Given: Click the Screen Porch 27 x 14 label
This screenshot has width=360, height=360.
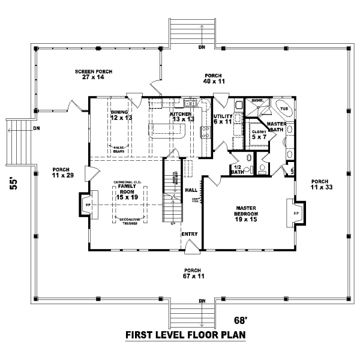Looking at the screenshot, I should tap(94, 74).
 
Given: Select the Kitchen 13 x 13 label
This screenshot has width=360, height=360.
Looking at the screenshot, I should tap(181, 116).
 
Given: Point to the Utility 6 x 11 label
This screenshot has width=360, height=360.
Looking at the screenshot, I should tap(223, 119).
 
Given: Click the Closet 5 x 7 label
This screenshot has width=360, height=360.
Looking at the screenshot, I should tap(259, 134).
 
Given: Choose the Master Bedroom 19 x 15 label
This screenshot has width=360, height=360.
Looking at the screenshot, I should tap(246, 214).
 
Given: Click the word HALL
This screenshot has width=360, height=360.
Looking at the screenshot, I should tap(192, 190).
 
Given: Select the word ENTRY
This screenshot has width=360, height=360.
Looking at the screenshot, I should tap(190, 234).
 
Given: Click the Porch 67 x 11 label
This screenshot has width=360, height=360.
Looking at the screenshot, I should tap(193, 274).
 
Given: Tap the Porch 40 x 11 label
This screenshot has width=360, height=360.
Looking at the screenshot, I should tap(214, 78).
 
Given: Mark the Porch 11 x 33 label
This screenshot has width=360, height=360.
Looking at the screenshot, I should tap(319, 185).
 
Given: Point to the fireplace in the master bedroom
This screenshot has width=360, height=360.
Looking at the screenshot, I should tap(296, 213).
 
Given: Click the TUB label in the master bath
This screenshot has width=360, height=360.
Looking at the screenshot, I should tap(284, 109).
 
